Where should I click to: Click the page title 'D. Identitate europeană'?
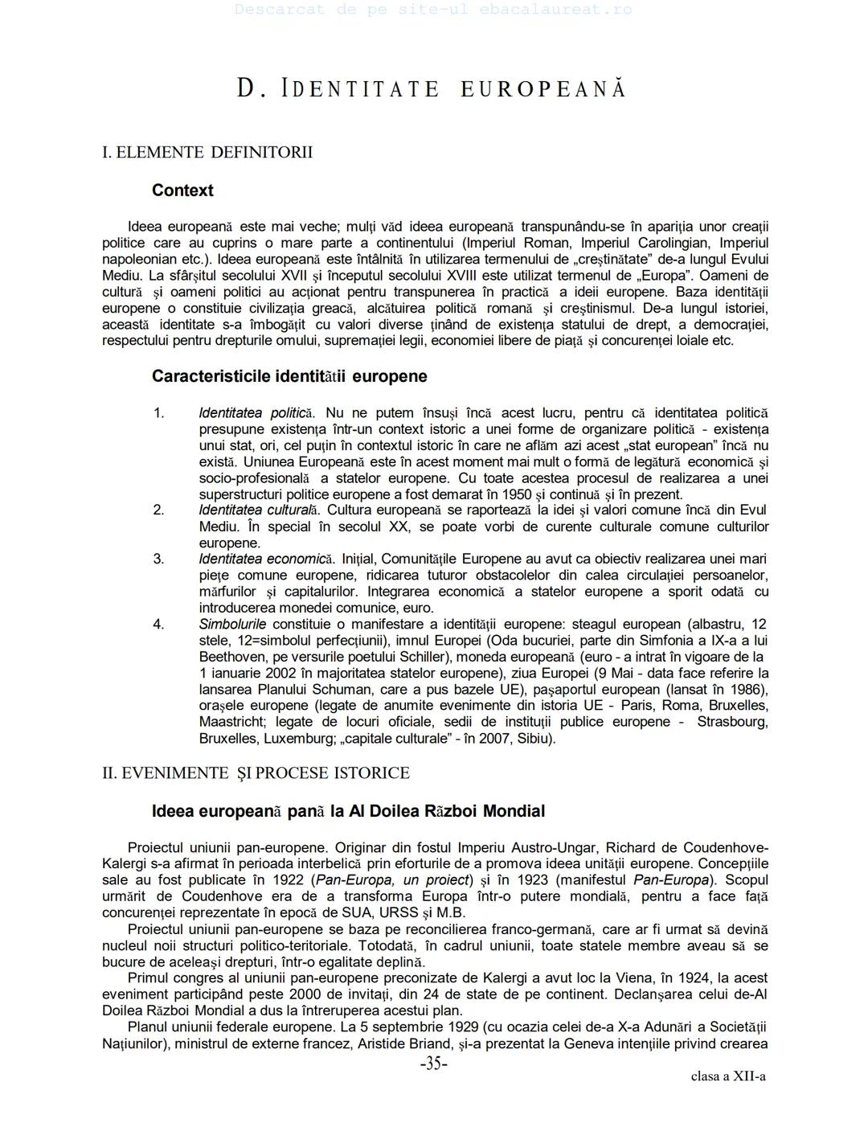[432, 88]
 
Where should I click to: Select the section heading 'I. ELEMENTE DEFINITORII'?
[207, 152]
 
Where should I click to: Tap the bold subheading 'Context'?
[182, 191]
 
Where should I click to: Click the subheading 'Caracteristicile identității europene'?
[289, 376]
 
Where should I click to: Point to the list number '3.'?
[159, 559]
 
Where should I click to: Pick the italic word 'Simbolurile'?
[233, 624]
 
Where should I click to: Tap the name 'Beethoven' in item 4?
[231, 657]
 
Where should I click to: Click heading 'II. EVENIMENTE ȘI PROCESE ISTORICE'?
[256, 773]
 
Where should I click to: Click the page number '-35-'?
[434, 1064]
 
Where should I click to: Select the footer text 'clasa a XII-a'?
[728, 1076]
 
